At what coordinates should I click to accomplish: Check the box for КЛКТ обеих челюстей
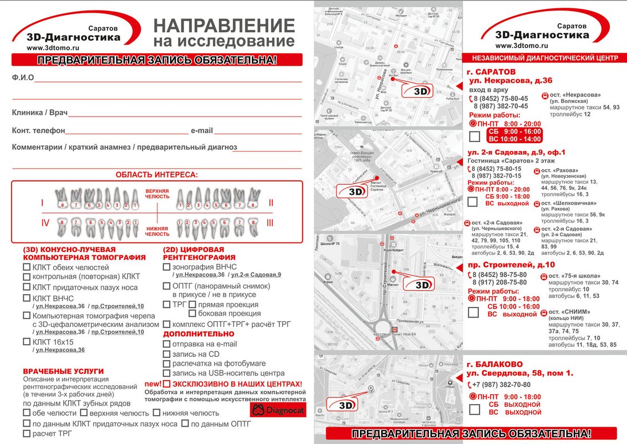coord(27,268)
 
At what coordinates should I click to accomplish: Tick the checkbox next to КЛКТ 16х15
coord(27,342)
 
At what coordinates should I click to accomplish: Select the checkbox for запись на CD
coord(167,354)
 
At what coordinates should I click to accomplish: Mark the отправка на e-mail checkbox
coord(167,344)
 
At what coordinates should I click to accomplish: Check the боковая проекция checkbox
coord(193,314)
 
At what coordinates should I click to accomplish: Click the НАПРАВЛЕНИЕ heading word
coord(224,26)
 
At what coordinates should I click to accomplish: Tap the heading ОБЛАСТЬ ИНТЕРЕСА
coord(156,175)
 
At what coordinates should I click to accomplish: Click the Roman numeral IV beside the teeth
coord(45,223)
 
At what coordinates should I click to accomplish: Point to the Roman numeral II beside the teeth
coord(271,203)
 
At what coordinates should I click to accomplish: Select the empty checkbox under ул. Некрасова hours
coord(474,137)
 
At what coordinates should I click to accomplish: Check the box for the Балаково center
coord(474,410)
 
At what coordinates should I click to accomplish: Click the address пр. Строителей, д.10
coord(511,264)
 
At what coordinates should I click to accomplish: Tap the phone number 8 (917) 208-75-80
coord(499,282)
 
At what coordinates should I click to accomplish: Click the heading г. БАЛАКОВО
coord(495,364)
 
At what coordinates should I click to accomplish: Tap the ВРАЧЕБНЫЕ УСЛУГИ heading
coord(63,371)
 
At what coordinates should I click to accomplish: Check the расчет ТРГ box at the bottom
coord(27,433)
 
